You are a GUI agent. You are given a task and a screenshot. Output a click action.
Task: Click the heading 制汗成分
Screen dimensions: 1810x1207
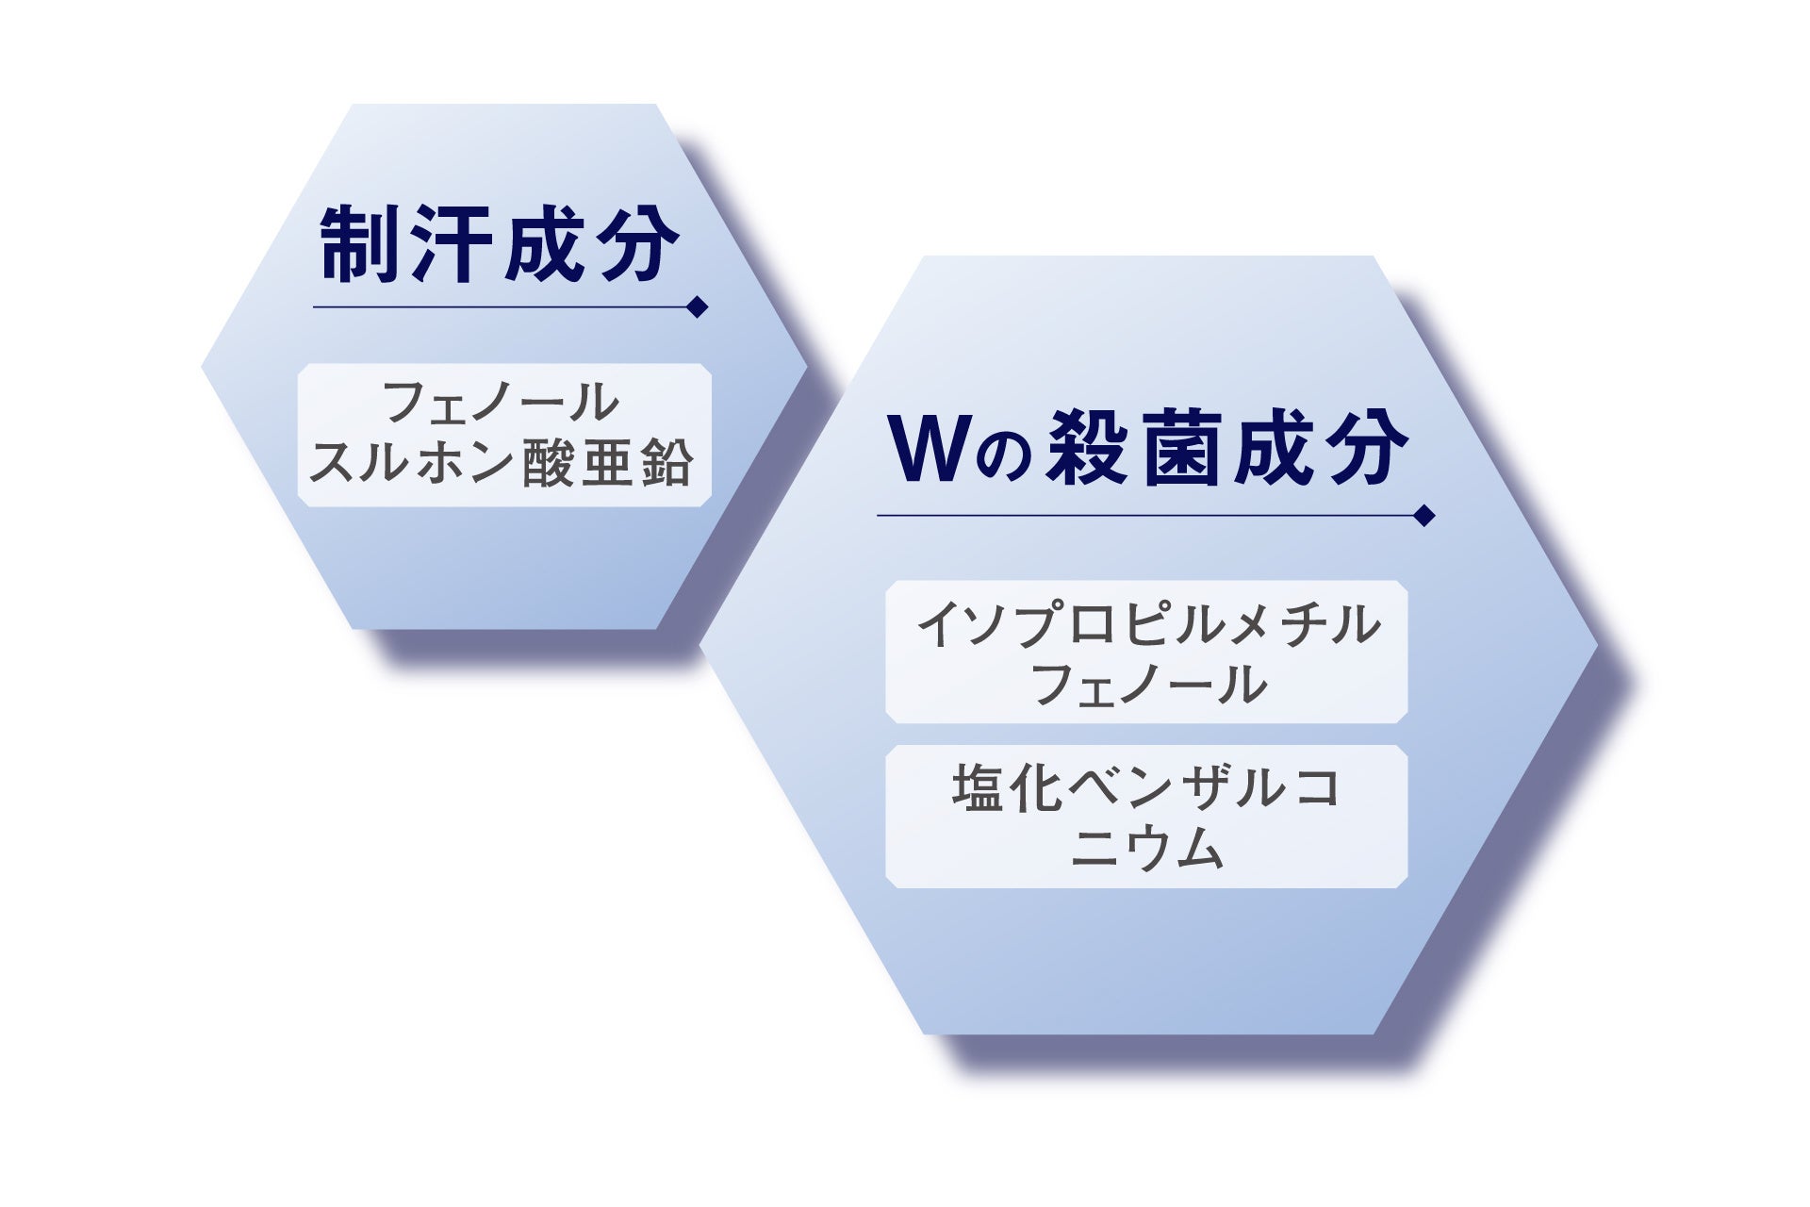point(500,242)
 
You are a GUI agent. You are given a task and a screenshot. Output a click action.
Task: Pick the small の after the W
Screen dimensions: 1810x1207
point(999,456)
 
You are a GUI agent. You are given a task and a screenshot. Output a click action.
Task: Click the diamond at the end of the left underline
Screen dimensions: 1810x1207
point(698,307)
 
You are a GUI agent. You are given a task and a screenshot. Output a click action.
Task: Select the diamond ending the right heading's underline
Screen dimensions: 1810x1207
point(1424,516)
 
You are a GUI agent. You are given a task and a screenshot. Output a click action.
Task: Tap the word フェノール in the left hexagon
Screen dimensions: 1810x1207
point(502,403)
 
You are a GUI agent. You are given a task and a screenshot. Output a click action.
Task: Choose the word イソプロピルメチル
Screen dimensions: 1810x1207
point(1148,625)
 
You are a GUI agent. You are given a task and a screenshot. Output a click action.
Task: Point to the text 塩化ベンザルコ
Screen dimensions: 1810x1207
point(1146,788)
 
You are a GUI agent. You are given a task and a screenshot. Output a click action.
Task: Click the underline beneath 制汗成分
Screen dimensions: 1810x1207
point(500,307)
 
